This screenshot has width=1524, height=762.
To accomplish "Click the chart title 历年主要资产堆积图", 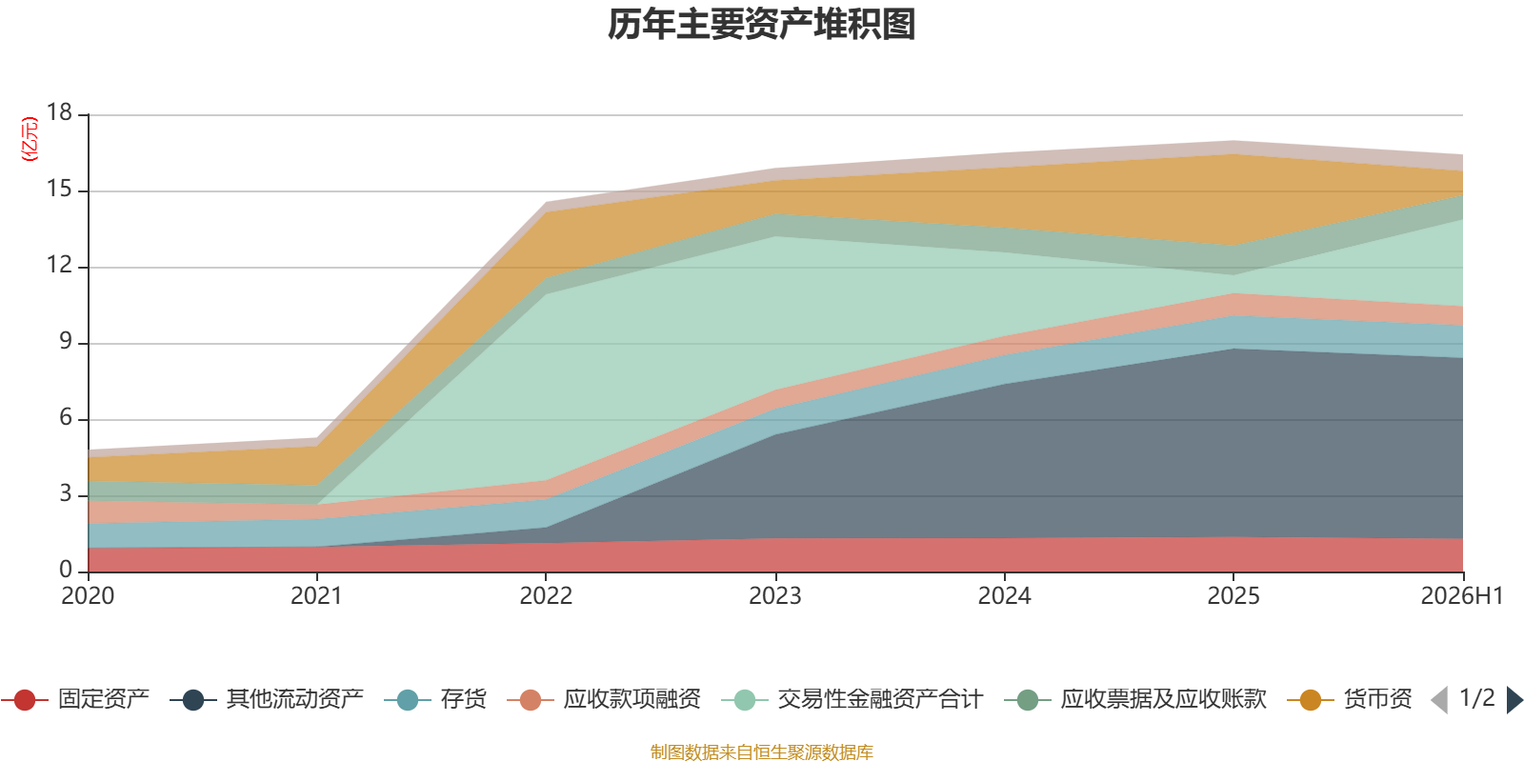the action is [x=761, y=25].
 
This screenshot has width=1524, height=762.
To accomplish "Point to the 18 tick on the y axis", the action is [x=59, y=113].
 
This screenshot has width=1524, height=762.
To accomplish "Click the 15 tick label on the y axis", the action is [x=59, y=190].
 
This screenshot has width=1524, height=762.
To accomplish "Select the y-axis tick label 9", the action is [x=66, y=342].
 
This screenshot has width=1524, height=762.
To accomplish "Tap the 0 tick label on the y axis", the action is [x=66, y=570].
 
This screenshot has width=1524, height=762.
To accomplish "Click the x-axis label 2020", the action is [x=88, y=596].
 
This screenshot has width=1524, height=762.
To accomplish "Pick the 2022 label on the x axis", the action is [x=547, y=596].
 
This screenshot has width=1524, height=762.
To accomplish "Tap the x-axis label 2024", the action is [x=1004, y=596].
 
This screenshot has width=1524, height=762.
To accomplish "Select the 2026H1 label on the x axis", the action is [x=1461, y=596].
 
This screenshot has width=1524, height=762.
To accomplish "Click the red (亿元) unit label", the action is [x=30, y=139].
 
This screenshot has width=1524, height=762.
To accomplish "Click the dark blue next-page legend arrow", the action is [x=1514, y=699].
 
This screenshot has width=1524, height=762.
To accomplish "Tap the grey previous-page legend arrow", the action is [x=1439, y=699].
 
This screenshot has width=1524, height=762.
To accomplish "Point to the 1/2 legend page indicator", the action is [x=1477, y=698].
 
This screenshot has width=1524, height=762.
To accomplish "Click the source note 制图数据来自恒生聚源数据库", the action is [x=761, y=752].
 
